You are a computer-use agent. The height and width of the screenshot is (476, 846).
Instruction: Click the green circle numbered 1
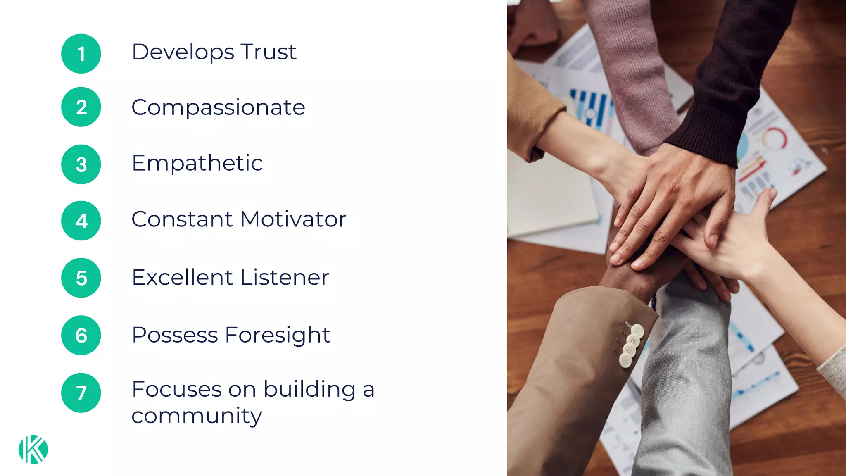click(81, 54)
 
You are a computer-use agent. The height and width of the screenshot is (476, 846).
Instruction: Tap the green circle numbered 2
click(81, 107)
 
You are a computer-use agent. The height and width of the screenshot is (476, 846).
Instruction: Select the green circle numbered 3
click(81, 164)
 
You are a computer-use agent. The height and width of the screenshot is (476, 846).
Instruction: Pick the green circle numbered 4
click(81, 221)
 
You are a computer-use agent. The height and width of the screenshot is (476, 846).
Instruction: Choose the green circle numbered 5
click(81, 278)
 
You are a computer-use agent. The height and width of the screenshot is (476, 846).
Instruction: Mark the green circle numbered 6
click(81, 335)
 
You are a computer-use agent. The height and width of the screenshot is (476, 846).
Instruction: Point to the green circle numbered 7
click(81, 393)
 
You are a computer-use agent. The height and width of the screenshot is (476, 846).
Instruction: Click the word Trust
click(269, 52)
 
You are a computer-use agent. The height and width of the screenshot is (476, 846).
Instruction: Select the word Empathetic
click(197, 163)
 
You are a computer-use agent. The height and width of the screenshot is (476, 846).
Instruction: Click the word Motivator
click(293, 219)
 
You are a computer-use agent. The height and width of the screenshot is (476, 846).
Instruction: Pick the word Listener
click(285, 277)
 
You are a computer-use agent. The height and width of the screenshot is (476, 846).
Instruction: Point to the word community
click(197, 416)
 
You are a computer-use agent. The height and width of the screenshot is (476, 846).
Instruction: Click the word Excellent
click(182, 277)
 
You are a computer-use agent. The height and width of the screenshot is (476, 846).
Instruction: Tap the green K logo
click(33, 449)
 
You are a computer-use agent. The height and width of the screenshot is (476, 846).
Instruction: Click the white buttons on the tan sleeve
click(631, 345)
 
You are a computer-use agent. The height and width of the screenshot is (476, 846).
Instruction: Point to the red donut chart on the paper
click(774, 138)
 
